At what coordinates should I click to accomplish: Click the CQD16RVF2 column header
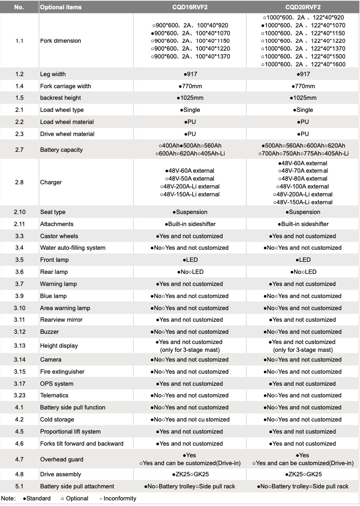[x=190, y=7]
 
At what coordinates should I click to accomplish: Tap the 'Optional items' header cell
[x=61, y=7]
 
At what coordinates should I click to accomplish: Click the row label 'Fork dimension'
[x=60, y=41]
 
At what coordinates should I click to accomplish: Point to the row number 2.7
[x=19, y=150]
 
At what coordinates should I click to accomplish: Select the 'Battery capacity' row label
[x=61, y=150]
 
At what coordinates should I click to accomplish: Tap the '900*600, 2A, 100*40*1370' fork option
[x=191, y=57]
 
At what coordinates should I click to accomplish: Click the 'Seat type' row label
[x=53, y=212]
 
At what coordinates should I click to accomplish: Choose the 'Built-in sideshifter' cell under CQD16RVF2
[x=190, y=224]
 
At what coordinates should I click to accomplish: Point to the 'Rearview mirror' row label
[x=61, y=320]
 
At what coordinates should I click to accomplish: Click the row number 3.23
[x=19, y=396]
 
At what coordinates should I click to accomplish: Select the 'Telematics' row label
[x=54, y=396]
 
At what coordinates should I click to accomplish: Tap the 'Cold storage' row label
[x=57, y=420]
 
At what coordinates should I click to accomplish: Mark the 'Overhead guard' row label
[x=62, y=460]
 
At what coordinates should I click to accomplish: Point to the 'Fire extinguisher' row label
[x=63, y=372]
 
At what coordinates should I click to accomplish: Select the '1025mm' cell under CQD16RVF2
[x=190, y=98]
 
